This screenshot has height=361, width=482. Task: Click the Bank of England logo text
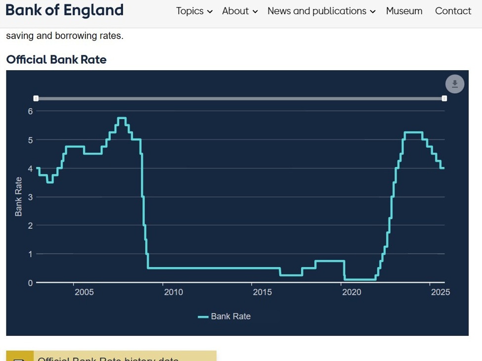coord(65,10)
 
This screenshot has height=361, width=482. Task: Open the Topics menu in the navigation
coord(194,11)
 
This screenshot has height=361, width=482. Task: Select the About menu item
coord(239,11)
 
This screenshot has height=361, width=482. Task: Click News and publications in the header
coord(321,11)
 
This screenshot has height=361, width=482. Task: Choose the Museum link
coord(404,11)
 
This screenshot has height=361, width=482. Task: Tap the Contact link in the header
coord(453,11)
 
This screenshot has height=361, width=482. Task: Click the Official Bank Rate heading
coord(56,60)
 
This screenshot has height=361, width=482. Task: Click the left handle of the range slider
coord(36,99)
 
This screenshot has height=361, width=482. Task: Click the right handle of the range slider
coord(444,99)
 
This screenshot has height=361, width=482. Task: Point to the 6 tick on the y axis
coord(30,111)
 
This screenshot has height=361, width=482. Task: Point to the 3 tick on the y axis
coord(30,197)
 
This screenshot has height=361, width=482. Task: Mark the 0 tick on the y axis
coord(30,283)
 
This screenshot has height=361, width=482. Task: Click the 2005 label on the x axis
coord(84,292)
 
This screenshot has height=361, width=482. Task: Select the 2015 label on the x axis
coord(262,292)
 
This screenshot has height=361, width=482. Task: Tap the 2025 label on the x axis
coord(440,292)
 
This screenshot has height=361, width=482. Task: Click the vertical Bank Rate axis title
coord(19,197)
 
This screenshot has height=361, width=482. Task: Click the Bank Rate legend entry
coord(225,317)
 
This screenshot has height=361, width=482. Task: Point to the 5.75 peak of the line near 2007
coord(122,118)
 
